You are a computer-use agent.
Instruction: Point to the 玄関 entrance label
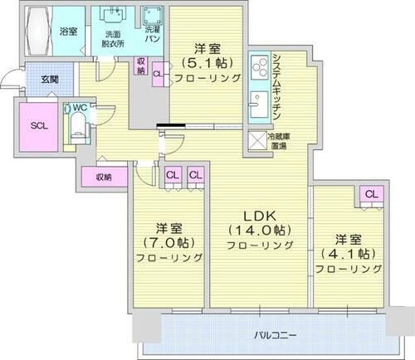[38, 80]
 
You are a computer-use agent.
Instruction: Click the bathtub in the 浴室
[35, 30]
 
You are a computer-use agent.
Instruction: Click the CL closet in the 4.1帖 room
[370, 194]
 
